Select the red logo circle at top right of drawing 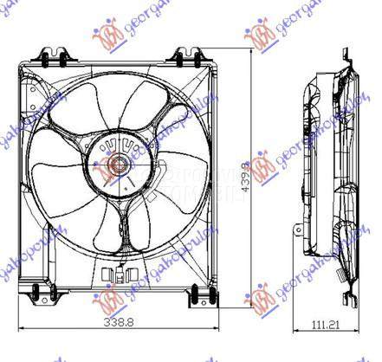click(x=259, y=36)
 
